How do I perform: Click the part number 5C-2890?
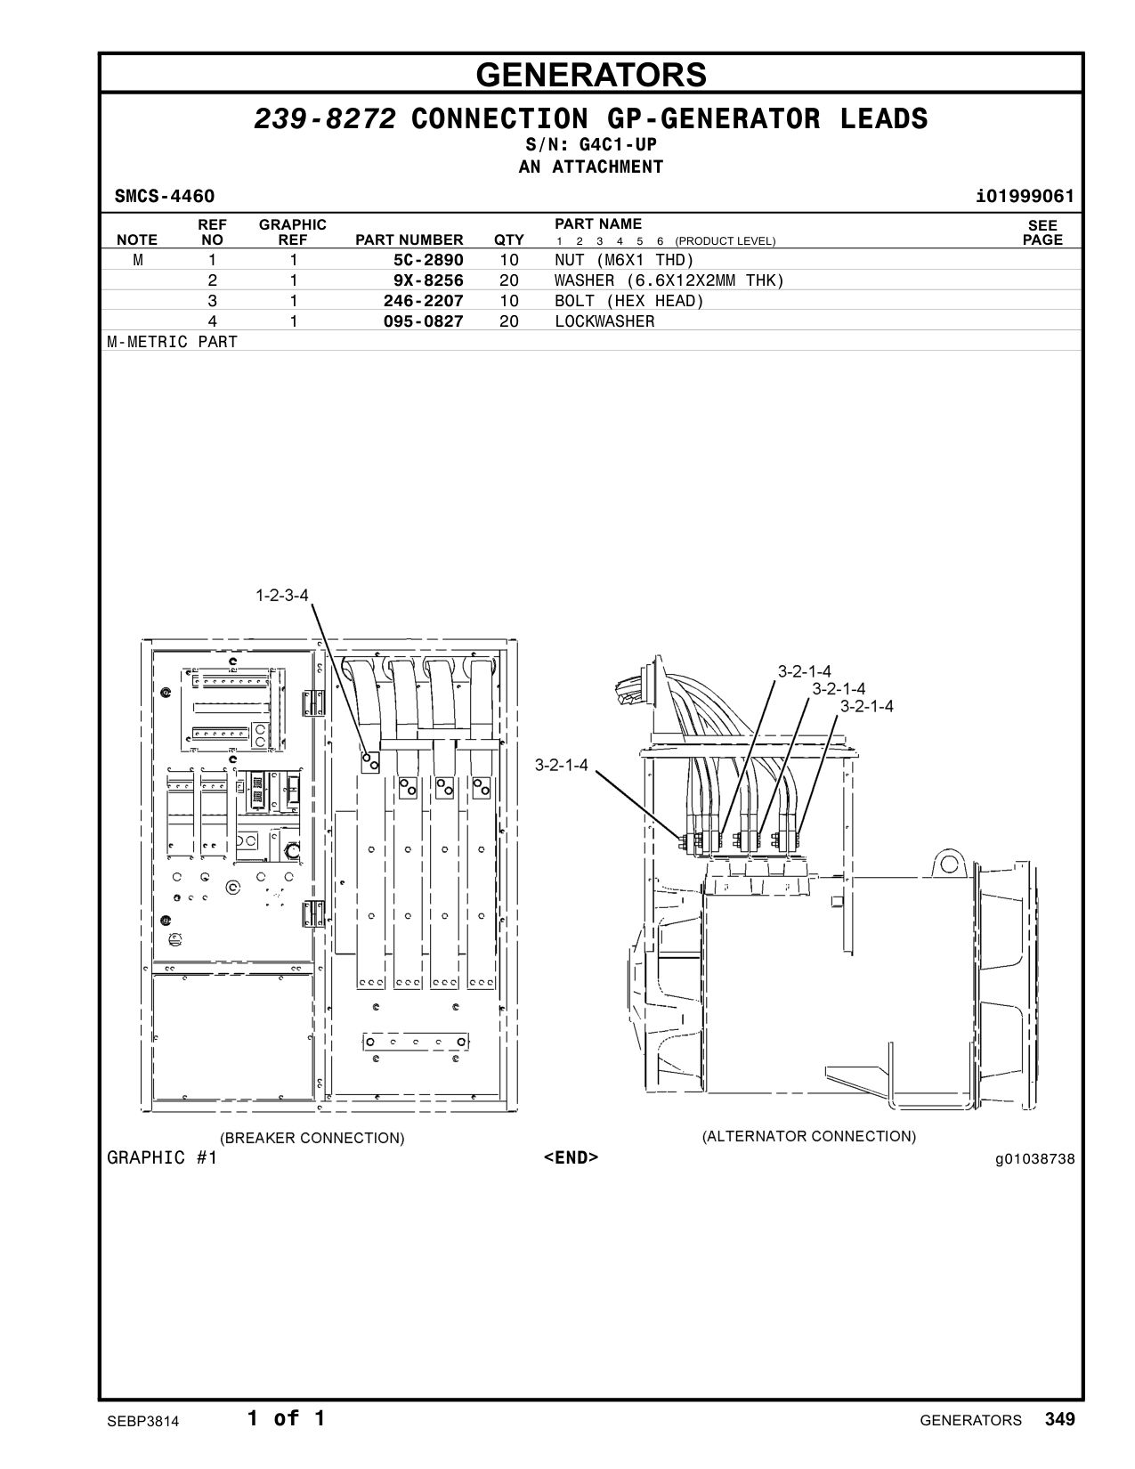click(428, 260)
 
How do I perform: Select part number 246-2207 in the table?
click(423, 301)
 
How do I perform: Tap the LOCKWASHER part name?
click(604, 321)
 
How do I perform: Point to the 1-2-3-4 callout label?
click(282, 595)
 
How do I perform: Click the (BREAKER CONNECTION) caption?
click(312, 1138)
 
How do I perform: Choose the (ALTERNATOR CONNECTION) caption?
click(808, 1136)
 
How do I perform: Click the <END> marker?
click(571, 1157)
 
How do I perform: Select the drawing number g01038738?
click(1034, 1159)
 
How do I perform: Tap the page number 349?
click(1059, 1418)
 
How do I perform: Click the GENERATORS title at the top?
click(591, 75)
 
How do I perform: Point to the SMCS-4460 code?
click(165, 196)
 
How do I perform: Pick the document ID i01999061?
click(1025, 196)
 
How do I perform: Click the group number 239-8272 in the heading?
click(325, 119)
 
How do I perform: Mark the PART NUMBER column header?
click(409, 240)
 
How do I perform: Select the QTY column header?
click(508, 240)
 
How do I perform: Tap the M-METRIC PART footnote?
click(173, 342)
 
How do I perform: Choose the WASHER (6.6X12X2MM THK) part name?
click(669, 280)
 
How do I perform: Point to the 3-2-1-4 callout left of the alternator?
click(561, 765)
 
